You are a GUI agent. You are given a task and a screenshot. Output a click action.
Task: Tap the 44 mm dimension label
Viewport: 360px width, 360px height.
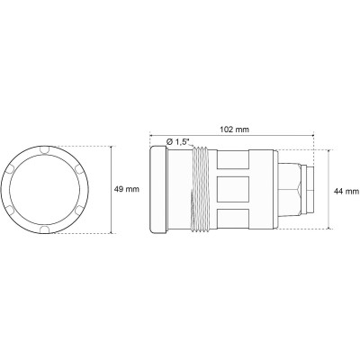346,192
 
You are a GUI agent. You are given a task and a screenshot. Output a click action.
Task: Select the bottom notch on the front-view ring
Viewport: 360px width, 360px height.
46,232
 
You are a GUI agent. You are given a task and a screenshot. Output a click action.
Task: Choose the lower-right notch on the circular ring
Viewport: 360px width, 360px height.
78,212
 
